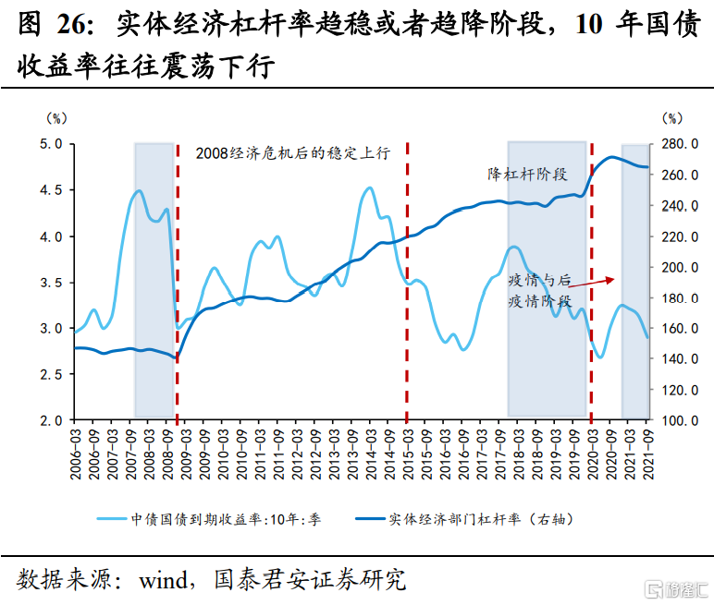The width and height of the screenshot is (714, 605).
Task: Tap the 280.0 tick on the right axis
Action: [679, 144]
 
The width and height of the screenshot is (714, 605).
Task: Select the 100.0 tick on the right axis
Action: [679, 420]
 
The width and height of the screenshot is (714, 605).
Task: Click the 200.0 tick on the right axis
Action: [679, 267]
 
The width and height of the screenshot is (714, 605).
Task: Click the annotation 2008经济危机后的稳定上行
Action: [293, 153]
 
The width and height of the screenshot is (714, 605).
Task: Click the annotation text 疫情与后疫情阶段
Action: [540, 290]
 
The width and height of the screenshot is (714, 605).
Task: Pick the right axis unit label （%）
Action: [671, 118]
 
